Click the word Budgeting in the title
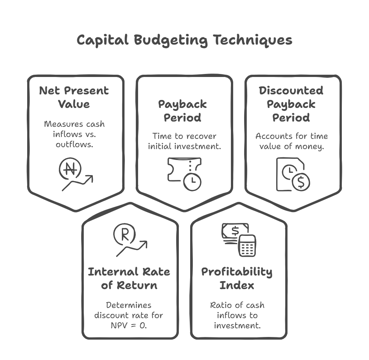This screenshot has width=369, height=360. [171, 40]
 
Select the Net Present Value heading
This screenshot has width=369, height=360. [74, 97]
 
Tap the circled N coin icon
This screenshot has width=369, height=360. [70, 169]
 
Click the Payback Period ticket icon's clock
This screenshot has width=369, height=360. [192, 182]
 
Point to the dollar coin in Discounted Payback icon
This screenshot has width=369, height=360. [301, 182]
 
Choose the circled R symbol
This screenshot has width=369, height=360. [125, 234]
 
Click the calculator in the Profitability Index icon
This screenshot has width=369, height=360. [247, 246]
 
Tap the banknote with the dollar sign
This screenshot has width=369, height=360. [235, 231]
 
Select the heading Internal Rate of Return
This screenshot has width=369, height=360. [129, 278]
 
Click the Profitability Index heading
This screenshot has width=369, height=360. [237, 278]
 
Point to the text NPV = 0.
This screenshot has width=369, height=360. [129, 325]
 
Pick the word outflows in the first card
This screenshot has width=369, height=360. [74, 144]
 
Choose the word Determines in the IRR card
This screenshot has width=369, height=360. [129, 305]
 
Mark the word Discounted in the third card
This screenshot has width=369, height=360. [291, 91]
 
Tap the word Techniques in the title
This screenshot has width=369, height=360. [253, 40]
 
